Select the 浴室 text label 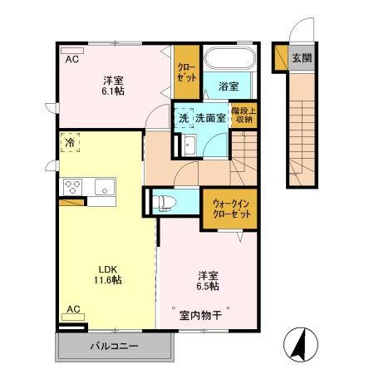coord(229,85)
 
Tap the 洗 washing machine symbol coord(183,118)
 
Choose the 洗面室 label coord(210,118)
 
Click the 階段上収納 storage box coord(244,114)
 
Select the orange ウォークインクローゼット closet coord(227,207)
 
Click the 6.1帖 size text coord(115,93)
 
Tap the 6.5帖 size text coord(208,285)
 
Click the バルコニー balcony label coord(113,346)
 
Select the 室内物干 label coord(200,315)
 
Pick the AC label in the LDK coord(73,309)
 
